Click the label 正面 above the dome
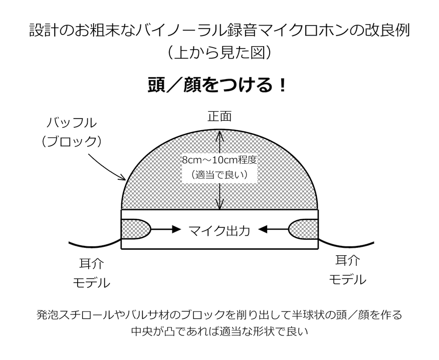pyautogui.click(x=220, y=116)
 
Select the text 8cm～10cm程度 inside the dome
pyautogui.click(x=220, y=160)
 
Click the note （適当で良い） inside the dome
pyautogui.click(x=220, y=175)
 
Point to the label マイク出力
pyautogui.click(x=219, y=230)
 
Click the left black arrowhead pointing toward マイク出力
pyautogui.click(x=176, y=229)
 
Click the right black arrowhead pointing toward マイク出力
pyautogui.click(x=263, y=229)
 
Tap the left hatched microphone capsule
pyautogui.click(x=136, y=229)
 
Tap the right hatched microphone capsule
pyautogui.click(x=303, y=229)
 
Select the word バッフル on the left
pyautogui.click(x=72, y=123)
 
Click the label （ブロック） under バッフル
pyautogui.click(x=72, y=142)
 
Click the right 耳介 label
pyautogui.click(x=347, y=260)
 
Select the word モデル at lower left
pyautogui.click(x=92, y=283)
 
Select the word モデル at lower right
pyautogui.click(x=347, y=279)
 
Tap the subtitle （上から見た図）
pyautogui.click(x=220, y=52)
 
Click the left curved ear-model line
pyautogui.click(x=95, y=245)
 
